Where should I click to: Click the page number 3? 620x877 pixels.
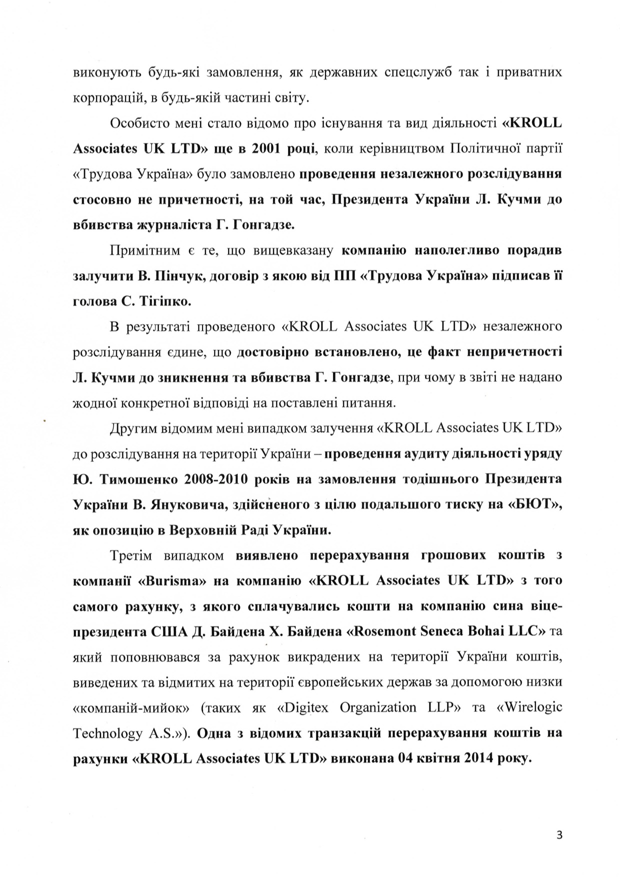click(x=559, y=834)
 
